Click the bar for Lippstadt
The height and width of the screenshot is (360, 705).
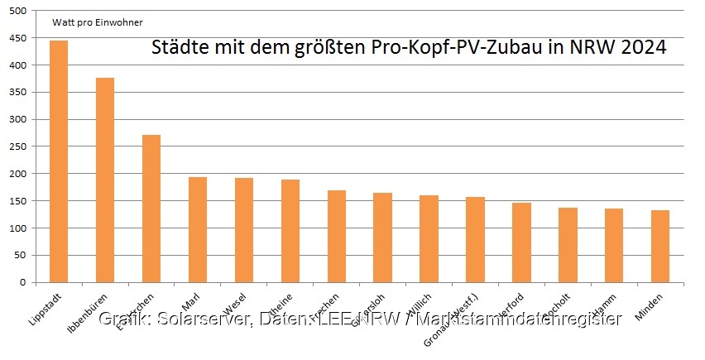pos(59,161)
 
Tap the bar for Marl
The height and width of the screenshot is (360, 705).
pos(198,229)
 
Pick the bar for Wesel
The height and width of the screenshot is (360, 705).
pos(244,230)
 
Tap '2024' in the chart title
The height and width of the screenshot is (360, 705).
pos(642,47)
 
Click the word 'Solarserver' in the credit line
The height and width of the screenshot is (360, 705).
pos(197,319)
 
